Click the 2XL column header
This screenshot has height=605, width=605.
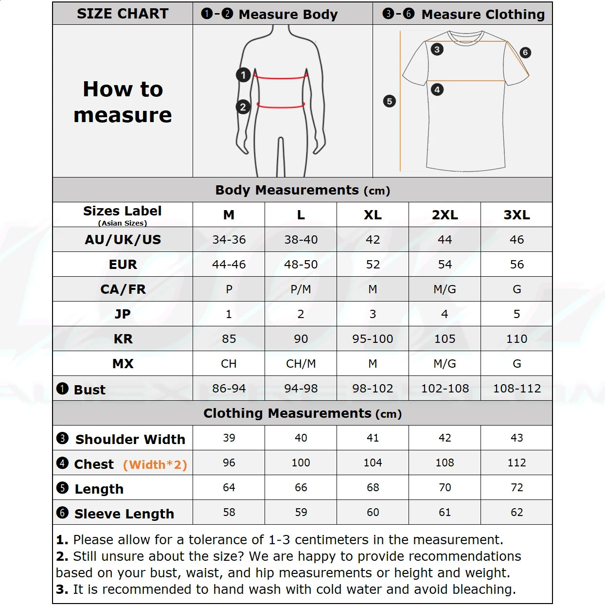click(445, 215)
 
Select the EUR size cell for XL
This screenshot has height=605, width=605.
click(373, 265)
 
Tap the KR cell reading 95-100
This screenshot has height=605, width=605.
click(373, 339)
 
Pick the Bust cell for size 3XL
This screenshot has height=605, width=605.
click(516, 389)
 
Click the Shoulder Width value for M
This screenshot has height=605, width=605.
click(229, 438)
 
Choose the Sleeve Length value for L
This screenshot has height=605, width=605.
click(301, 513)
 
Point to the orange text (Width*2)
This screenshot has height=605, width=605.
click(155, 465)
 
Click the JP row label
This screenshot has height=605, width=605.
click(123, 314)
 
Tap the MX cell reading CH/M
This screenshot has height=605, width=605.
click(301, 364)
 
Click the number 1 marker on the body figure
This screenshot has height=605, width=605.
click(243, 75)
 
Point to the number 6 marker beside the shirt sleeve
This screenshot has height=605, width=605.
click(525, 53)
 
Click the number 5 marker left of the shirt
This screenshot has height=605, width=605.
click(389, 101)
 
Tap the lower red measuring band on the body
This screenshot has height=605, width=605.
click(281, 105)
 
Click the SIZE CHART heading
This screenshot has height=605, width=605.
click(123, 14)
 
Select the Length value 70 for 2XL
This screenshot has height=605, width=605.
click(445, 488)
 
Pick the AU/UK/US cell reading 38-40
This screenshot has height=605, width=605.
click(301, 240)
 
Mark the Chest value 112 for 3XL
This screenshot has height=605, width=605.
click(516, 463)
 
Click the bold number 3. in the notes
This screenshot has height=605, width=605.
click(62, 589)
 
